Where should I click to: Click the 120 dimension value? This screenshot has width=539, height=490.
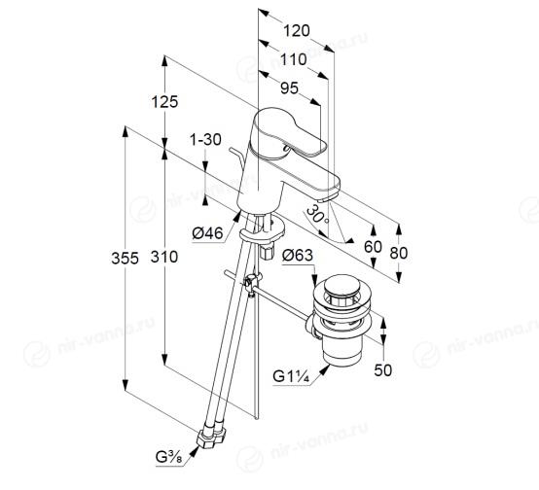tap(297, 31)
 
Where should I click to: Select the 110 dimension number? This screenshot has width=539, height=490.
tap(294, 59)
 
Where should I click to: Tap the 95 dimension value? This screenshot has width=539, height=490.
tap(289, 88)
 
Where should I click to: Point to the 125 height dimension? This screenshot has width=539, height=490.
tap(165, 102)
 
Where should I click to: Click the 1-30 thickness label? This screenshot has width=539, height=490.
tap(206, 140)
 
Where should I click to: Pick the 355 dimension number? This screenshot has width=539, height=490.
tap(126, 258)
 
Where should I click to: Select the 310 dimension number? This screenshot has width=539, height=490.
tap(164, 257)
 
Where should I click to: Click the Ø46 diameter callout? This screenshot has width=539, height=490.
tap(208, 233)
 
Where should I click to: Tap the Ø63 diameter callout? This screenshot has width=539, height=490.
tap(298, 256)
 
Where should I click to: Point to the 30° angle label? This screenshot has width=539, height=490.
tap(318, 215)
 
